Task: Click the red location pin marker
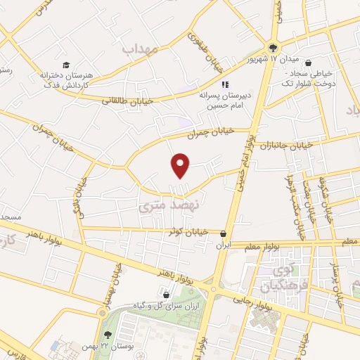(181, 165)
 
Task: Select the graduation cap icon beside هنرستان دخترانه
(65, 65)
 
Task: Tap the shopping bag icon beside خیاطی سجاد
(309, 60)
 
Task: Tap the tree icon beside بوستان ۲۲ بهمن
(107, 335)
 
